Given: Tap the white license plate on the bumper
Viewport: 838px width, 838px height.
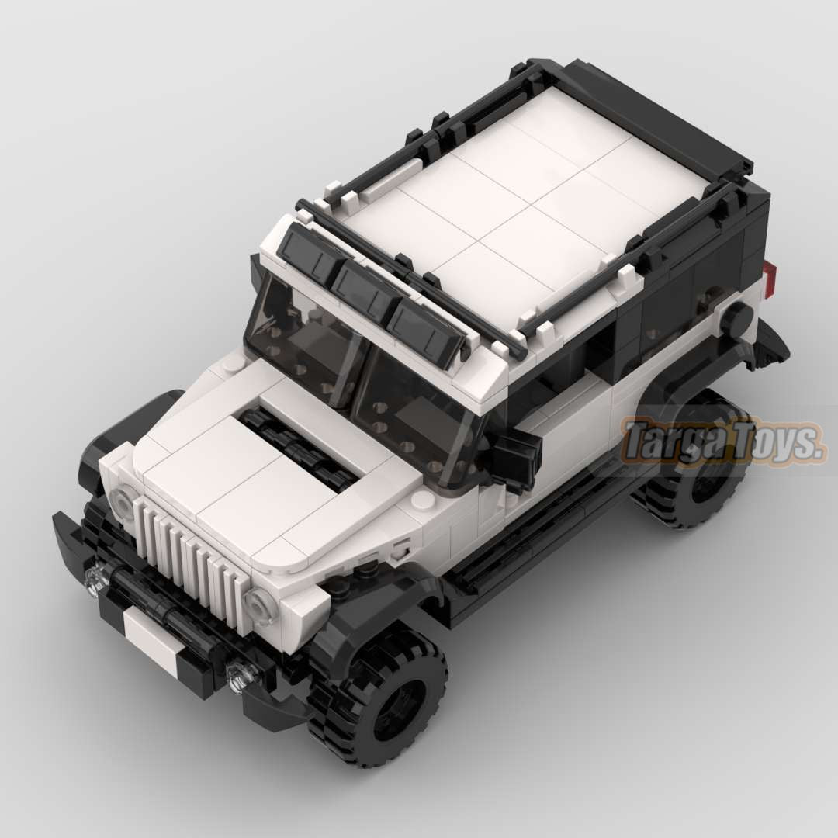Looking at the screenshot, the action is tap(150, 637).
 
